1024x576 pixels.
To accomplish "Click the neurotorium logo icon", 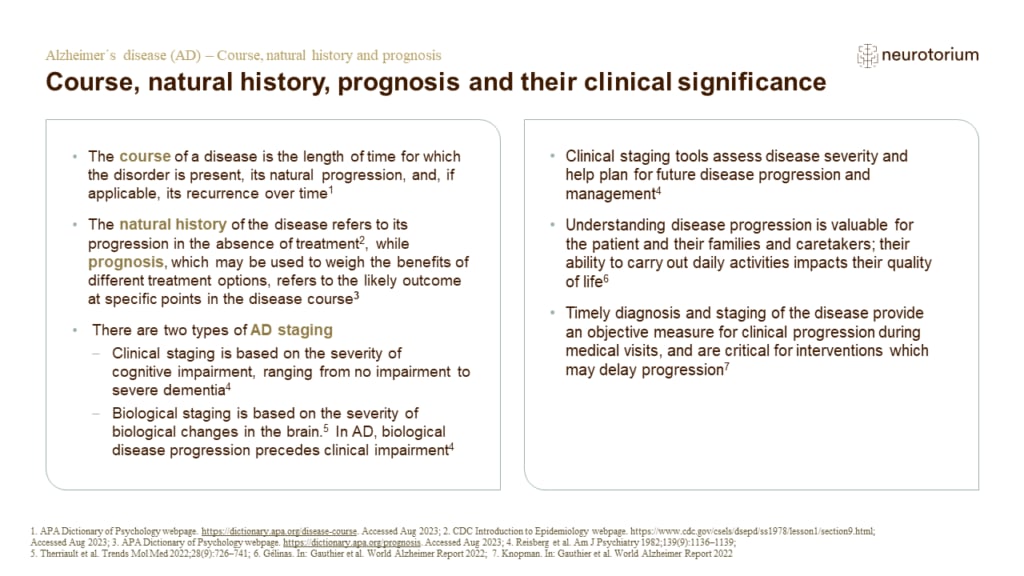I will (x=867, y=55).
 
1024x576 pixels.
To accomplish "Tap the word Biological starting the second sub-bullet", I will (x=147, y=413).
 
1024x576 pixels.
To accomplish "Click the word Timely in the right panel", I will (x=590, y=314).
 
